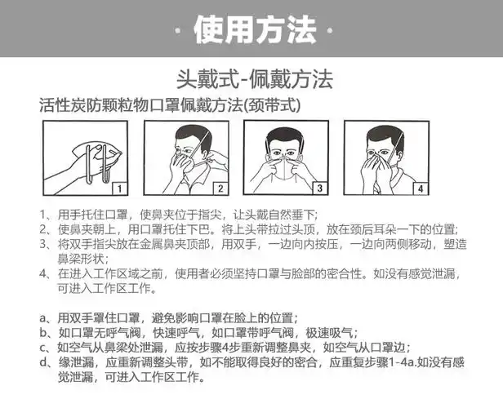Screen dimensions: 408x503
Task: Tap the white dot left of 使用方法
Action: tap(178, 31)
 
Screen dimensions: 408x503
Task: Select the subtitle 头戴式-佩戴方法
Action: tap(255, 80)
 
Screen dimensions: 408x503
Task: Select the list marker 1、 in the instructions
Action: tap(47, 214)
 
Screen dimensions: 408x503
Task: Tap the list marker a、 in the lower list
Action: tap(47, 317)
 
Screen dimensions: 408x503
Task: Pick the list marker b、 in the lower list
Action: tap(47, 333)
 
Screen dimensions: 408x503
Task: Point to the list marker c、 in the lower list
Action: tap(47, 348)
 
